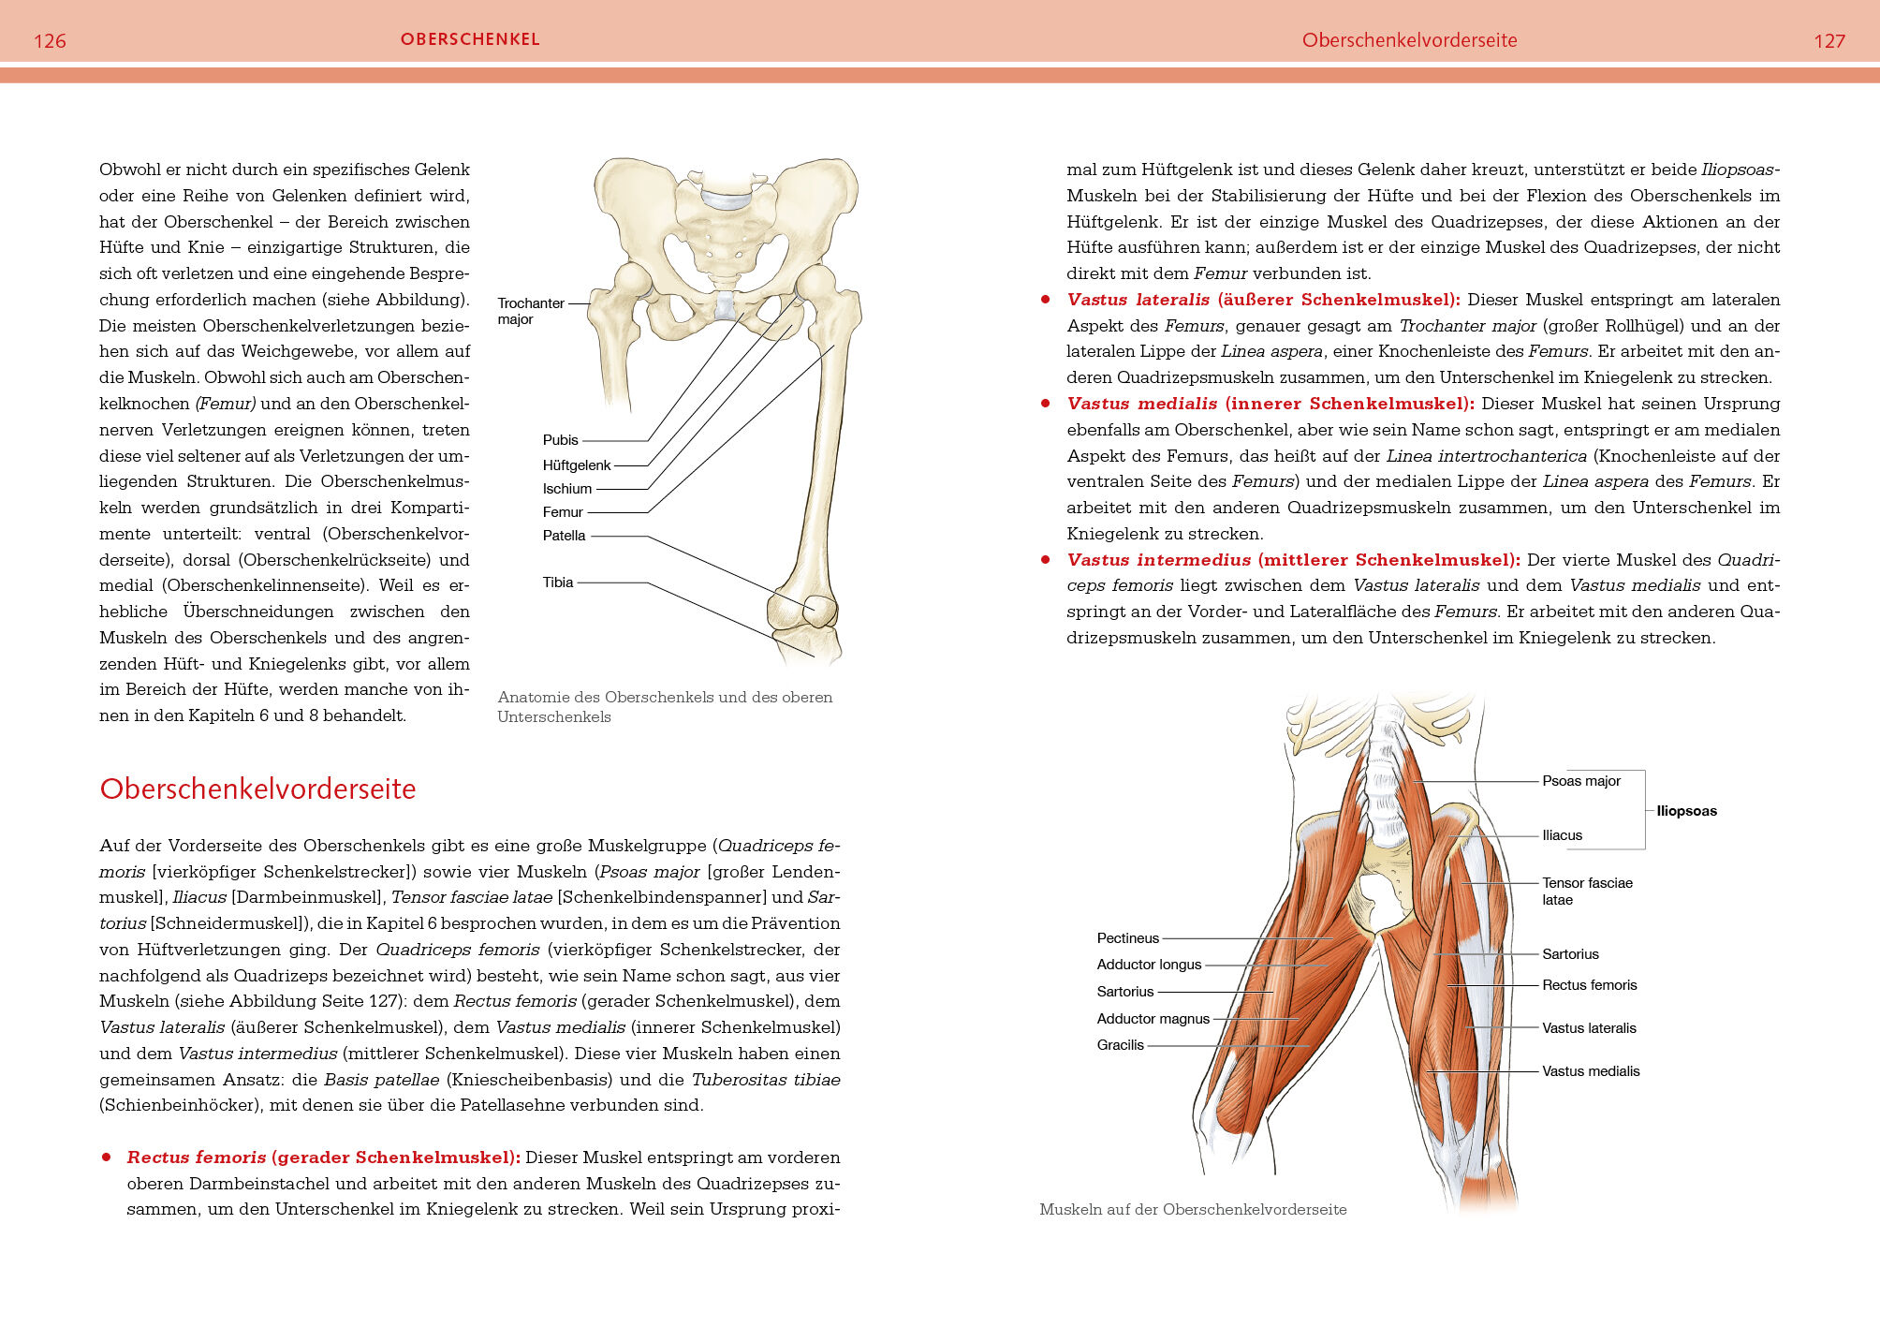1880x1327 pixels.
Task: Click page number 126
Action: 50,41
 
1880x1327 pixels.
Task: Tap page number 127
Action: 1829,41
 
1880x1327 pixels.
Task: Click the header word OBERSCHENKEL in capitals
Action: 470,39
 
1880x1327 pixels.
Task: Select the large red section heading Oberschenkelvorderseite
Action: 257,789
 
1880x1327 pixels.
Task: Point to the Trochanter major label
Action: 530,311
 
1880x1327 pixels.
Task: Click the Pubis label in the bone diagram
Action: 560,440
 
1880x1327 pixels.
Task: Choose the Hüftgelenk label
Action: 576,465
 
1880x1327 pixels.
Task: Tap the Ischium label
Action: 566,489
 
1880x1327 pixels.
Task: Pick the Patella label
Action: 564,536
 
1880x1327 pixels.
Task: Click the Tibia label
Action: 557,582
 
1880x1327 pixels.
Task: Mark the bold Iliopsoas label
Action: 1686,811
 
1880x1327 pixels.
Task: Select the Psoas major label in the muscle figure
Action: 1580,781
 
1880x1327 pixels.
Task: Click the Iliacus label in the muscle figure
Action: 1562,835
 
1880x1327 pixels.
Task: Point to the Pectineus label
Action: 1127,938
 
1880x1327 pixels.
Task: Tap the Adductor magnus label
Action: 1153,1019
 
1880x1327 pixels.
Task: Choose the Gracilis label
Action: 1120,1045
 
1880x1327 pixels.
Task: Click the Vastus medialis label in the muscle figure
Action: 1591,1071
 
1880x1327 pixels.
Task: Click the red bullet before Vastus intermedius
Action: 1046,560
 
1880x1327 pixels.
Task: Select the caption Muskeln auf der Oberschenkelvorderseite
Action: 1193,1210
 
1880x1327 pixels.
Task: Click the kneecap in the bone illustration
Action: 813,610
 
